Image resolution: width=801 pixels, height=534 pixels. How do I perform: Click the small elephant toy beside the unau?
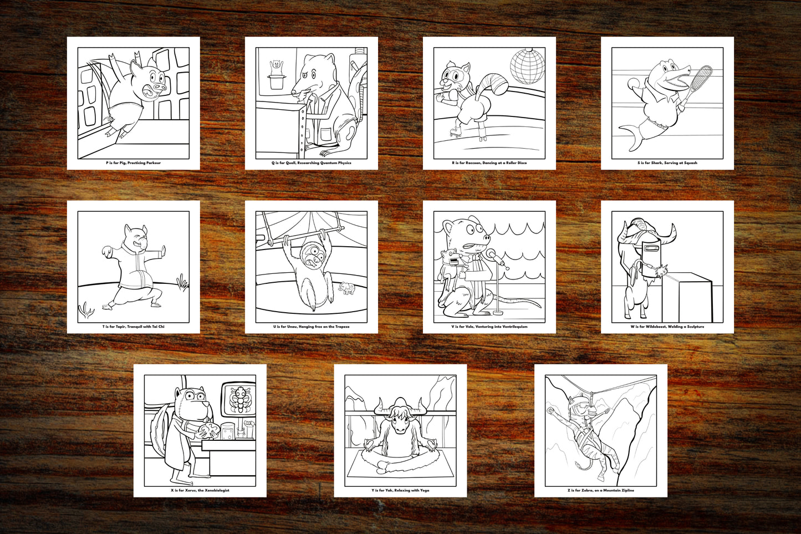click(347, 288)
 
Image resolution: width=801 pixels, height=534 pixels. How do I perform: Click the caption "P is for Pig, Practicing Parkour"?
click(133, 163)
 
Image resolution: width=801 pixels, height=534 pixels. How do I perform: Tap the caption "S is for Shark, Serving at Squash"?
click(667, 163)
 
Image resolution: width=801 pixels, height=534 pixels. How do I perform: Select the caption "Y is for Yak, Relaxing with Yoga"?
click(400, 490)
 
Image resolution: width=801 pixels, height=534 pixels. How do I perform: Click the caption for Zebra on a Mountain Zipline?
click(600, 490)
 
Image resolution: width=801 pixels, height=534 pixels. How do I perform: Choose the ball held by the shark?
click(633, 84)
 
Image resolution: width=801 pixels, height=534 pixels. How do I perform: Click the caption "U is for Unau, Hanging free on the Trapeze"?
click(311, 327)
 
